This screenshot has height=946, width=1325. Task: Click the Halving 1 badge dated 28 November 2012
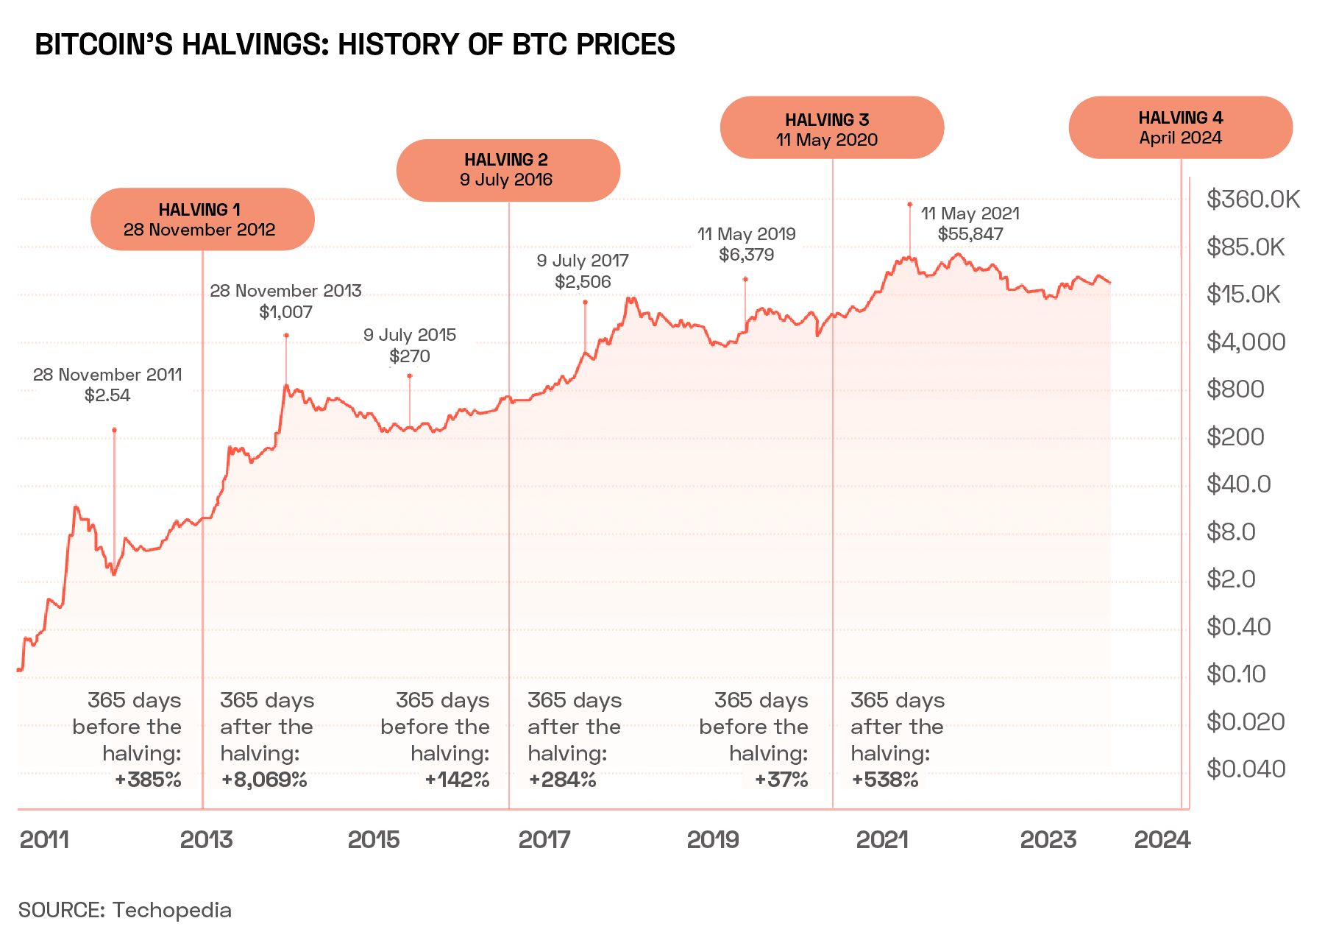[202, 219]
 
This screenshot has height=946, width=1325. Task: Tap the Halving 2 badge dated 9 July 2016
[508, 170]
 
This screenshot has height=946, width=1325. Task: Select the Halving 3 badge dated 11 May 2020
[831, 128]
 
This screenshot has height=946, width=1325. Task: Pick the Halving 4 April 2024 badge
[1180, 127]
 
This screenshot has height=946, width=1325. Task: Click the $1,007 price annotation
[285, 312]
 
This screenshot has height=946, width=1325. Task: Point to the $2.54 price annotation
[107, 395]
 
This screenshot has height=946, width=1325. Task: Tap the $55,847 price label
[970, 234]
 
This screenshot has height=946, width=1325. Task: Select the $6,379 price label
[746, 255]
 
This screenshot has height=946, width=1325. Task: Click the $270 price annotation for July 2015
[410, 356]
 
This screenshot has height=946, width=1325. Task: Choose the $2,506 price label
[583, 282]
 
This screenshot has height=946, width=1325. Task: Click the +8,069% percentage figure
[264, 780]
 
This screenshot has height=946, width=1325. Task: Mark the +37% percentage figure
[781, 780]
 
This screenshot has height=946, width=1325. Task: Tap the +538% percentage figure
[884, 780]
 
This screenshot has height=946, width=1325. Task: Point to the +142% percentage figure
[458, 780]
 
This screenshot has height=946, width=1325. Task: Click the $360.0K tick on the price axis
[1253, 199]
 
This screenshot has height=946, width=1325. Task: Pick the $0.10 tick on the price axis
[1235, 674]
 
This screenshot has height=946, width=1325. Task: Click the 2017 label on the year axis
[544, 839]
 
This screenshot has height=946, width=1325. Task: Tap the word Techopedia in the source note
[171, 910]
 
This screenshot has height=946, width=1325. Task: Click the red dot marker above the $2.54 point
[114, 430]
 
